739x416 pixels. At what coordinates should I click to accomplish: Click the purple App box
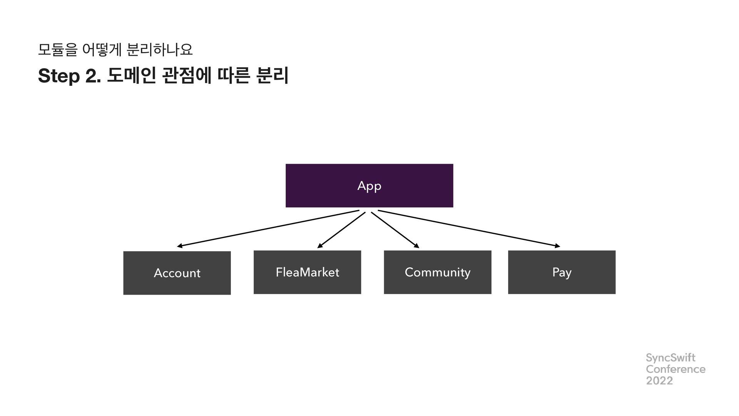pyautogui.click(x=369, y=186)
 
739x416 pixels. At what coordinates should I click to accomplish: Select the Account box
pyautogui.click(x=177, y=273)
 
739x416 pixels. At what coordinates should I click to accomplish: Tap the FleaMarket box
pyautogui.click(x=307, y=272)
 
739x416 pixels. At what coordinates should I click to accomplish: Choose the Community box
pyautogui.click(x=437, y=272)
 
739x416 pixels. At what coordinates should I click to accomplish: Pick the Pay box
pyautogui.click(x=562, y=272)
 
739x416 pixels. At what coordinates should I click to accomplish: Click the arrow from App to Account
pyautogui.click(x=268, y=228)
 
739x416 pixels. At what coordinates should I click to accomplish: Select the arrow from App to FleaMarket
pyautogui.click(x=341, y=230)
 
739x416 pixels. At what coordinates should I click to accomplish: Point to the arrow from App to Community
pyautogui.click(x=395, y=230)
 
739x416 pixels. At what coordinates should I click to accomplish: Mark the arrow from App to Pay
pyautogui.click(x=469, y=228)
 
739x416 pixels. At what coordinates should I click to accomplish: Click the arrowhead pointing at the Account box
pyautogui.click(x=180, y=246)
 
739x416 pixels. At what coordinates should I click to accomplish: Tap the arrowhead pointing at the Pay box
pyautogui.click(x=557, y=246)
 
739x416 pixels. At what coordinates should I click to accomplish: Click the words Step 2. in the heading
pyautogui.click(x=70, y=76)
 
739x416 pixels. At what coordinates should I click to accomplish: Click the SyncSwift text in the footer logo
pyautogui.click(x=670, y=358)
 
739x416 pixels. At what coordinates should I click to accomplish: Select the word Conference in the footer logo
pyautogui.click(x=675, y=369)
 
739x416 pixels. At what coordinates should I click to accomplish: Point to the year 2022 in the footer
pyautogui.click(x=659, y=381)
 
